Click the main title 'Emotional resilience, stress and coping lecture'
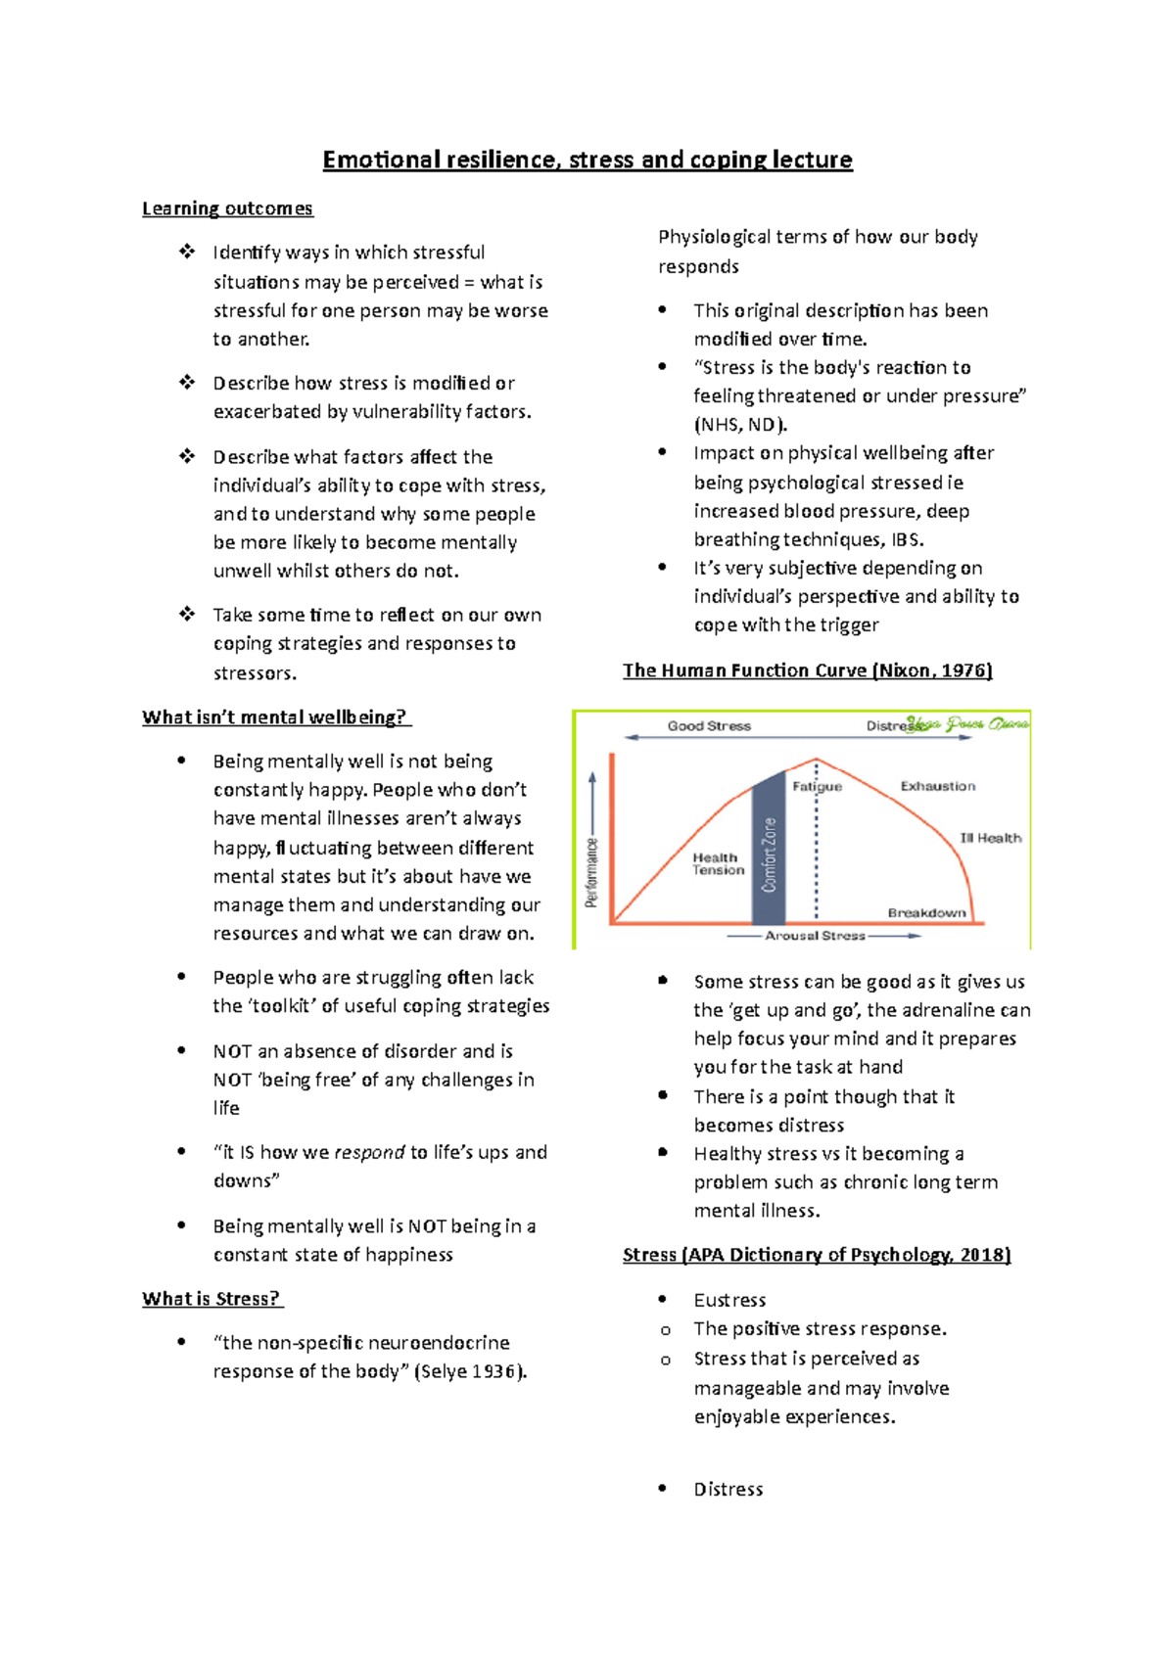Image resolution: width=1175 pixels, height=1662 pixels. click(587, 160)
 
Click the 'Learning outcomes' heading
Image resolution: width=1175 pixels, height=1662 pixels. click(227, 208)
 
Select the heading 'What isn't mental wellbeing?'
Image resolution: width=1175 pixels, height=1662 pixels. click(275, 717)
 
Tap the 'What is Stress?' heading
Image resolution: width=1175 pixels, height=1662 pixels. click(211, 1299)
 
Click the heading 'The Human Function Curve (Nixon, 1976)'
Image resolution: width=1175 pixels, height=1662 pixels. click(808, 670)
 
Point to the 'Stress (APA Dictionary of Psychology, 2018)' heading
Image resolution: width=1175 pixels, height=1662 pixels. click(817, 1255)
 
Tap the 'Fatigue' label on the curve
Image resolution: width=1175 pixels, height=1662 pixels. click(818, 786)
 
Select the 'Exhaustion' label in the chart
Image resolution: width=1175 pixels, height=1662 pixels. click(938, 786)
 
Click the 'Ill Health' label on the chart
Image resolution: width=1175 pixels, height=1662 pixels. click(991, 838)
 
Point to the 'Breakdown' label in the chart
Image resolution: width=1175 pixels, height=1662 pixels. click(926, 912)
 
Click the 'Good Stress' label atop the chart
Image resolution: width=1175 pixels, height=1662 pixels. click(709, 726)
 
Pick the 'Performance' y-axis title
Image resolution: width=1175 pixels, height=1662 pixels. click(591, 872)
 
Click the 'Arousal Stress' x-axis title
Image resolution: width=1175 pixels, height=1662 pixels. click(815, 936)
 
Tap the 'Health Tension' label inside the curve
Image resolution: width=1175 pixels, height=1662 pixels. click(718, 863)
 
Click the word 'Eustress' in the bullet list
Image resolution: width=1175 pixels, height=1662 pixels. click(729, 1300)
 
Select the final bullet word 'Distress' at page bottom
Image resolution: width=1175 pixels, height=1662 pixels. click(728, 1489)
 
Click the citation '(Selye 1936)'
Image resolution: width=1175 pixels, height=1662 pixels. click(471, 1371)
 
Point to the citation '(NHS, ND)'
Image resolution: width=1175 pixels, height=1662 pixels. click(740, 425)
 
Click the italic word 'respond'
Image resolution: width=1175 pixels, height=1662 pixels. click(369, 1152)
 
